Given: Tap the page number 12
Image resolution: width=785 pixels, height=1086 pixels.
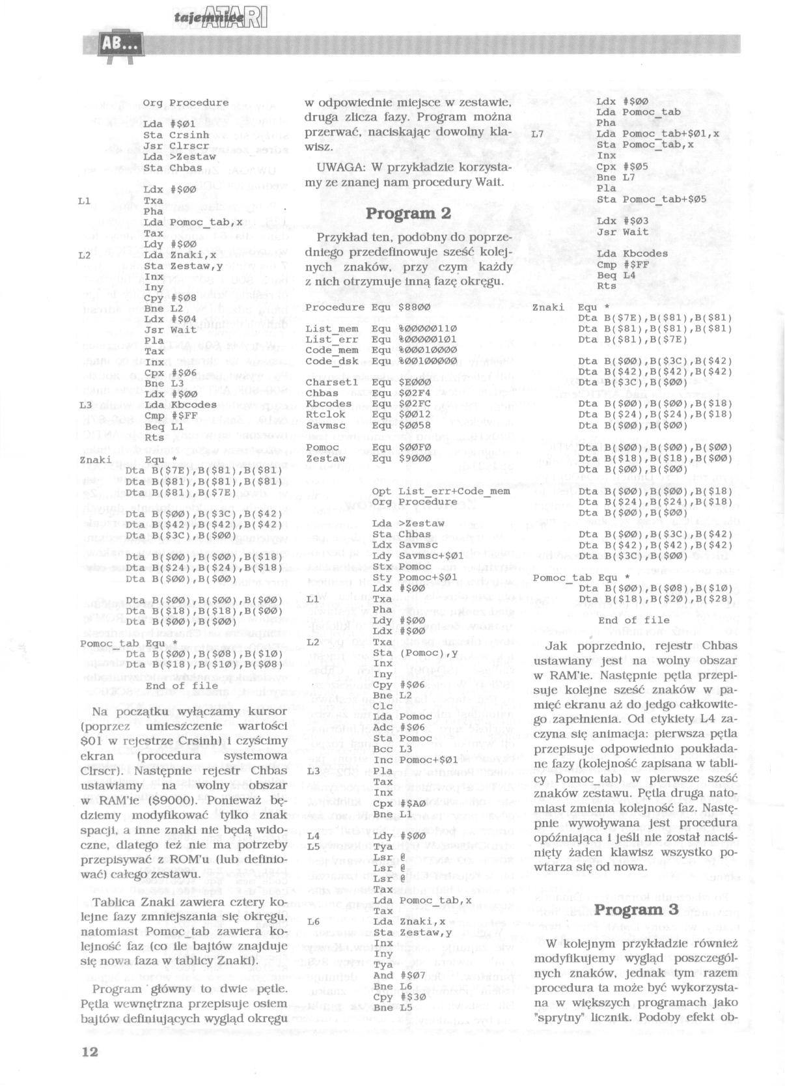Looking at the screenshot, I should click(x=90, y=1051).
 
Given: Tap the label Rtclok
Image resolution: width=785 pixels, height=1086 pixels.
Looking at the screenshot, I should click(x=324, y=414).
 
